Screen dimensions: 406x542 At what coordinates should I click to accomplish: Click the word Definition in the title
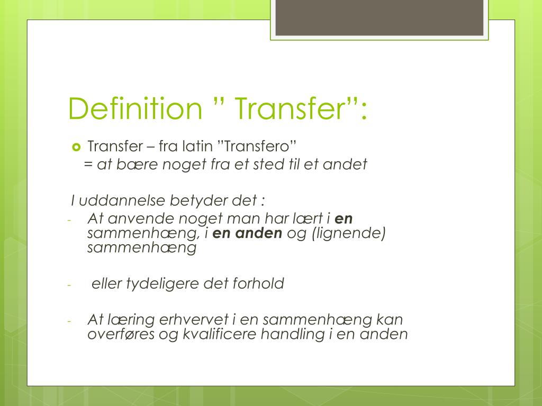click(135, 108)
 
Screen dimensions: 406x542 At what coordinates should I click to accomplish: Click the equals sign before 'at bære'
click(87, 164)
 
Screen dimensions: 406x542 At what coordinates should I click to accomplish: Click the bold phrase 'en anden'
click(247, 233)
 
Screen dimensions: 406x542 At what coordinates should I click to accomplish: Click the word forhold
click(258, 284)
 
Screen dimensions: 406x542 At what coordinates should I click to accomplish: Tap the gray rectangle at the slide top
click(380, 17)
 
